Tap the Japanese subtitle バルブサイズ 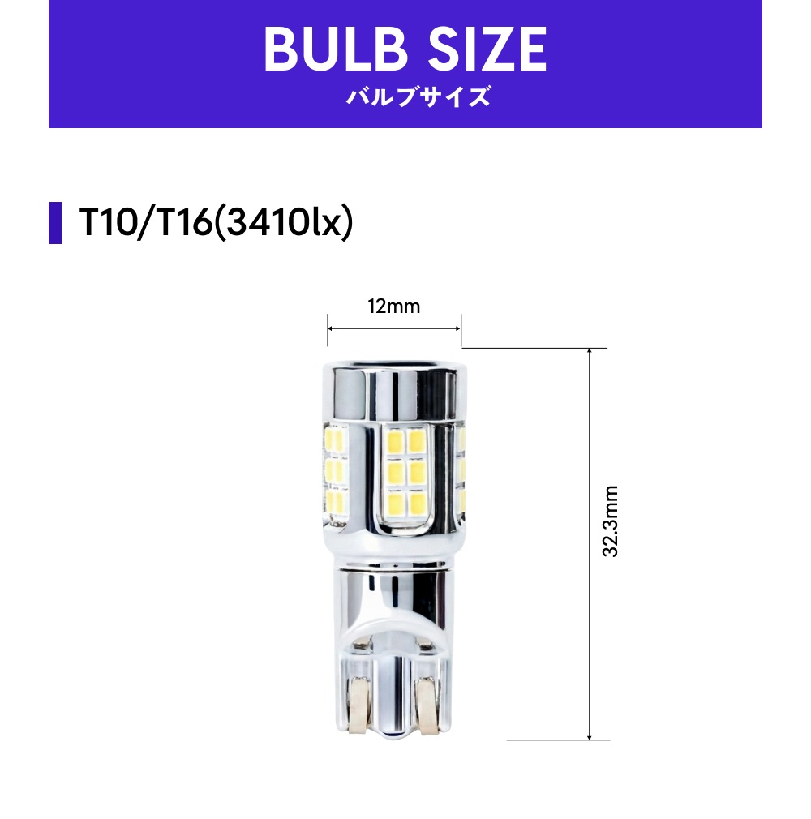pyautogui.click(x=418, y=97)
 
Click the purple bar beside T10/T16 pyautogui.click(x=55, y=222)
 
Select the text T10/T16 pyautogui.click(x=145, y=222)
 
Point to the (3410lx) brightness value pyautogui.click(x=284, y=223)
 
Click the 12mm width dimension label pyautogui.click(x=394, y=307)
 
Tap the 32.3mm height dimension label pyautogui.click(x=611, y=521)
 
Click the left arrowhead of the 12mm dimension pyautogui.click(x=331, y=328)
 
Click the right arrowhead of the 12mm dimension pyautogui.click(x=457, y=328)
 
